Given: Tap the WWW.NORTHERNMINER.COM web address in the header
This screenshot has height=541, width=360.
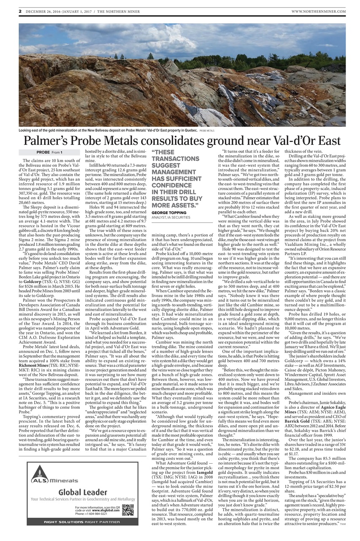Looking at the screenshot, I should click(318, 11).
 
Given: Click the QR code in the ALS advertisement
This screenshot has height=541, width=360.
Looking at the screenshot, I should click(127, 510).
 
